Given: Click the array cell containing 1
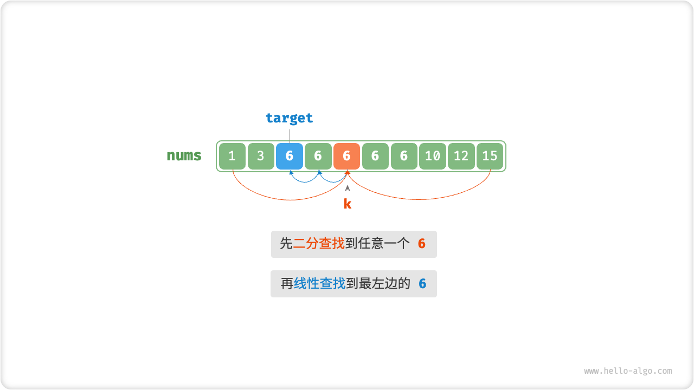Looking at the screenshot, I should pos(232,157).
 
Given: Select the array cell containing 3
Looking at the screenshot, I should pos(261,157).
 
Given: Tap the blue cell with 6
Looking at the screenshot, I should pos(290,157).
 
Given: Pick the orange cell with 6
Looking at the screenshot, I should pos(347,157).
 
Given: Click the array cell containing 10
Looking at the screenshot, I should pos(432,157).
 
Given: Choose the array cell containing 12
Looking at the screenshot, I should pos(461,157).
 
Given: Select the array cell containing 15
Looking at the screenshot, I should pos(490,157).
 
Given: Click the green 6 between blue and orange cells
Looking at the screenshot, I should pos(318,157).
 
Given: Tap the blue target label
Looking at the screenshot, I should pos(290,118).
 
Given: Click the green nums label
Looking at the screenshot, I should pos(184,156).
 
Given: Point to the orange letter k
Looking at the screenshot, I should pos(348,204).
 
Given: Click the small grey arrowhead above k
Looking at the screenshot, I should pos(348,188).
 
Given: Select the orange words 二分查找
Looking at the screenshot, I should pos(319,244).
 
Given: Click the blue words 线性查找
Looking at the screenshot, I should pos(319,283).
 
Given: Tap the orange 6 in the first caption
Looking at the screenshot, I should pos(422,244).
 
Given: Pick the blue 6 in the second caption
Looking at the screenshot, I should pos(422,284).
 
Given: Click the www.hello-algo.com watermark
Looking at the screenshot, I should pos(628,371).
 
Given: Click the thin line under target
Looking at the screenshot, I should pos(290,134).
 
